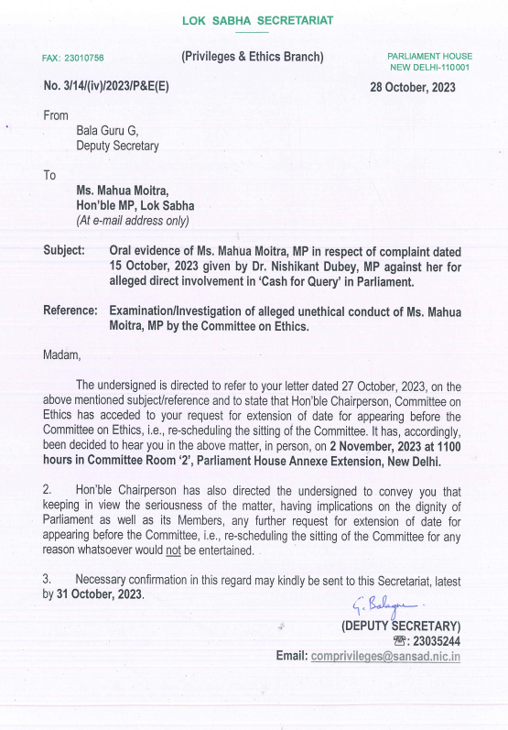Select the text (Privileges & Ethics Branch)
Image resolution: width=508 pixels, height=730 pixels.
tap(253, 57)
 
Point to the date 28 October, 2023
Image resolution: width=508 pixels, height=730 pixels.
tap(413, 87)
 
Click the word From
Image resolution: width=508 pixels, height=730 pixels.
tap(56, 115)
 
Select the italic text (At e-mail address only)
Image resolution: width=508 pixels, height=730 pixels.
tap(133, 221)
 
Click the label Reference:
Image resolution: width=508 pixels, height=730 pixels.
tap(70, 311)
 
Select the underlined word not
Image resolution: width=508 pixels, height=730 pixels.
tap(275, 550)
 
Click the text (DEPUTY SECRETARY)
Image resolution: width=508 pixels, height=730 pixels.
tap(400, 626)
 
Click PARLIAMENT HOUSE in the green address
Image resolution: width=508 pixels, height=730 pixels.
tap(430, 57)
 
